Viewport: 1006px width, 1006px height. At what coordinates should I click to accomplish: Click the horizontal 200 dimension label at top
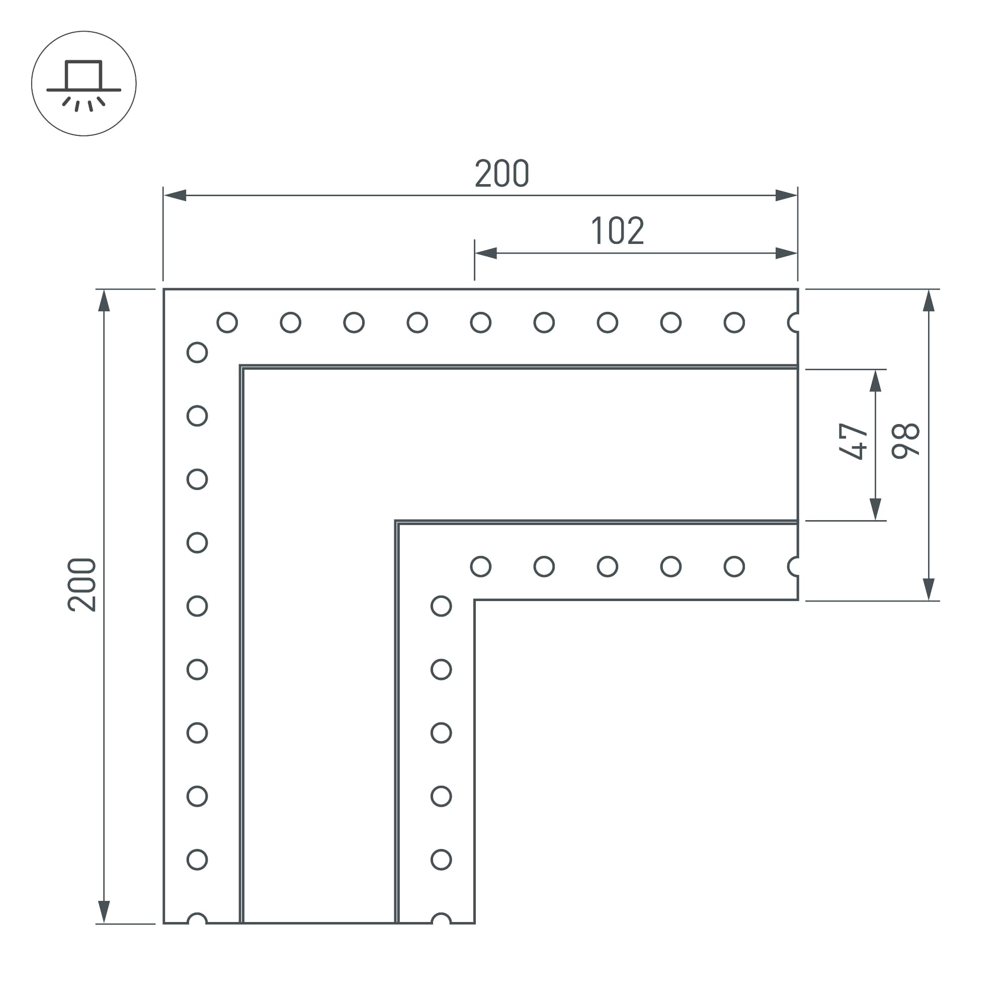tap(502, 174)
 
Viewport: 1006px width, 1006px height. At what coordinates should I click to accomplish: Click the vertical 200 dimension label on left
tap(82, 585)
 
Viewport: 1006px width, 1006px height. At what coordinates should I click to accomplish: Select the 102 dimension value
tap(618, 231)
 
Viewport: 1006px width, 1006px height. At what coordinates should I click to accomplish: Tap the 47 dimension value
tap(853, 442)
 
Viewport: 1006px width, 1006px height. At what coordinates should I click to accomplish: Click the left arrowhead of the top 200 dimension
tap(175, 195)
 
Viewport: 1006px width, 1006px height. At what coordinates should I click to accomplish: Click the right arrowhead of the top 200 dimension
tap(786, 195)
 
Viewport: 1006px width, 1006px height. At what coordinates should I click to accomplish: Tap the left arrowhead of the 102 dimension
tap(486, 253)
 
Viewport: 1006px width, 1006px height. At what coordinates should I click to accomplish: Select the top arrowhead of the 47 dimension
tap(876, 381)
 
